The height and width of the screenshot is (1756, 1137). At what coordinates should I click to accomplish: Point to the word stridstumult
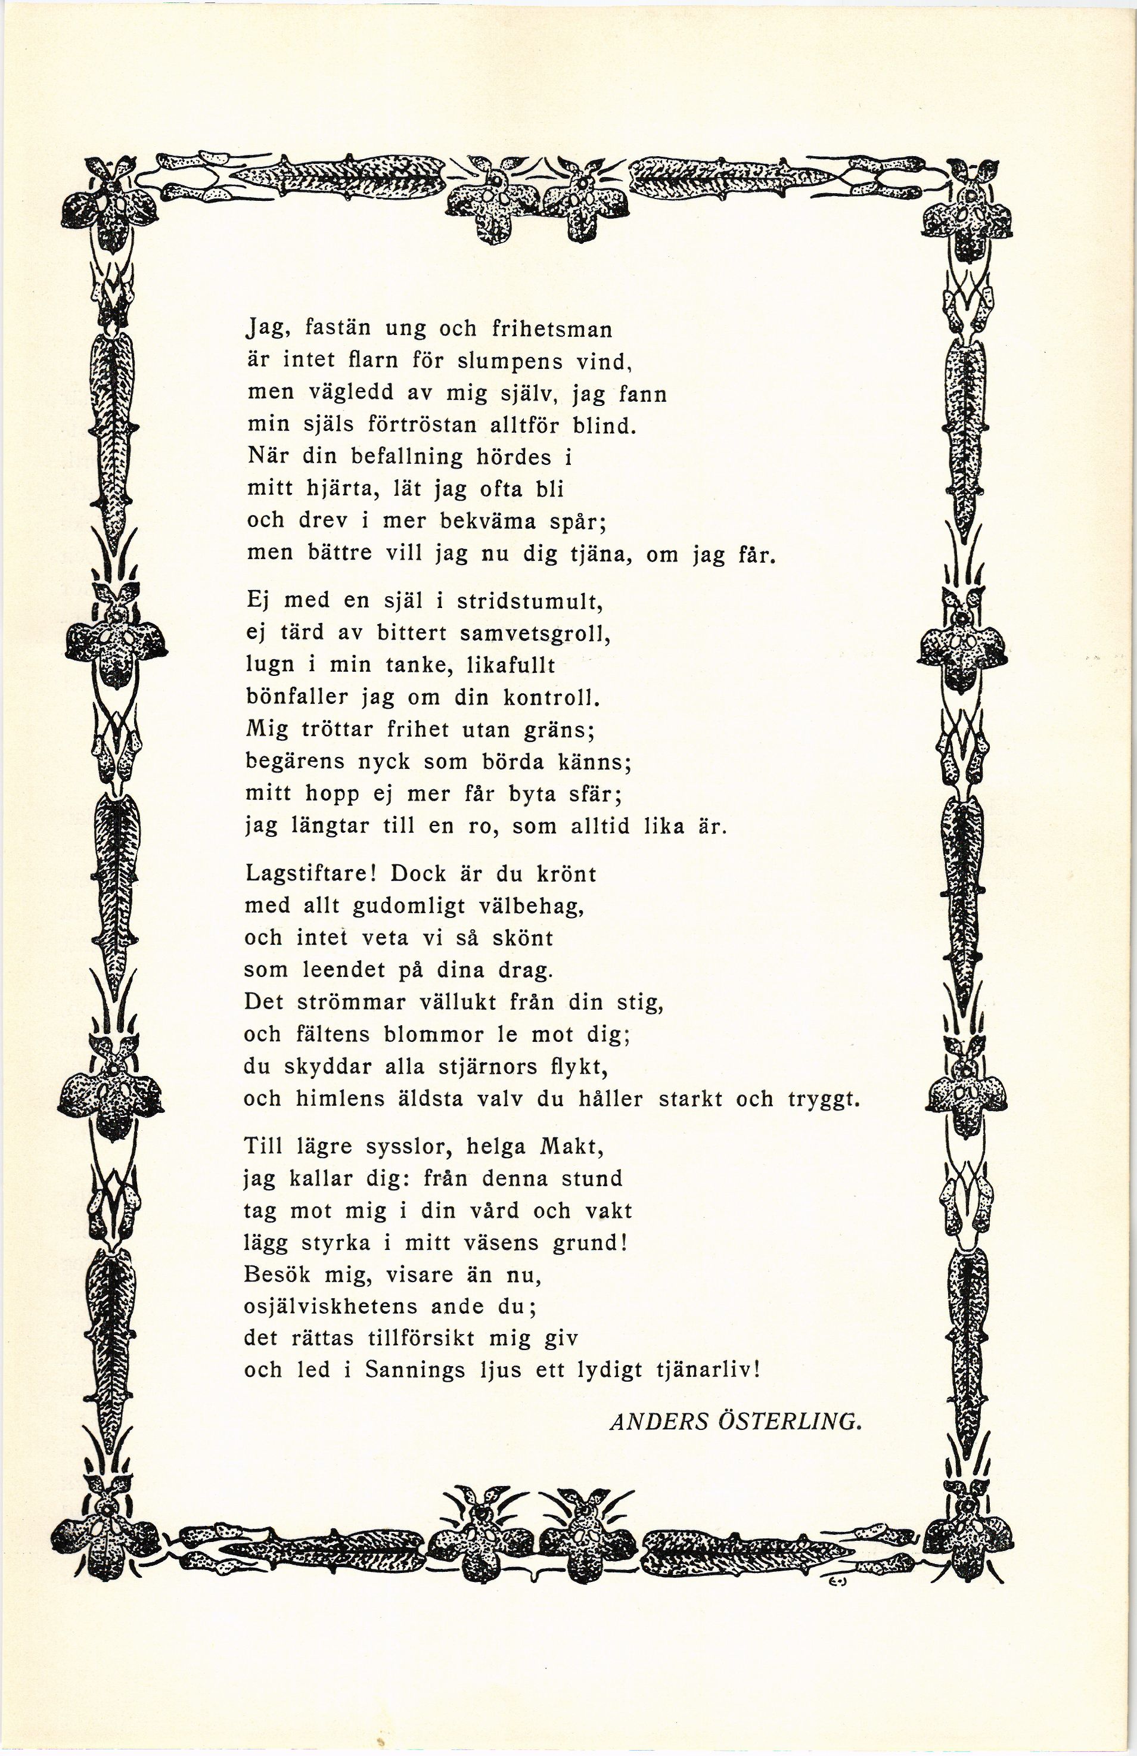(530, 601)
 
